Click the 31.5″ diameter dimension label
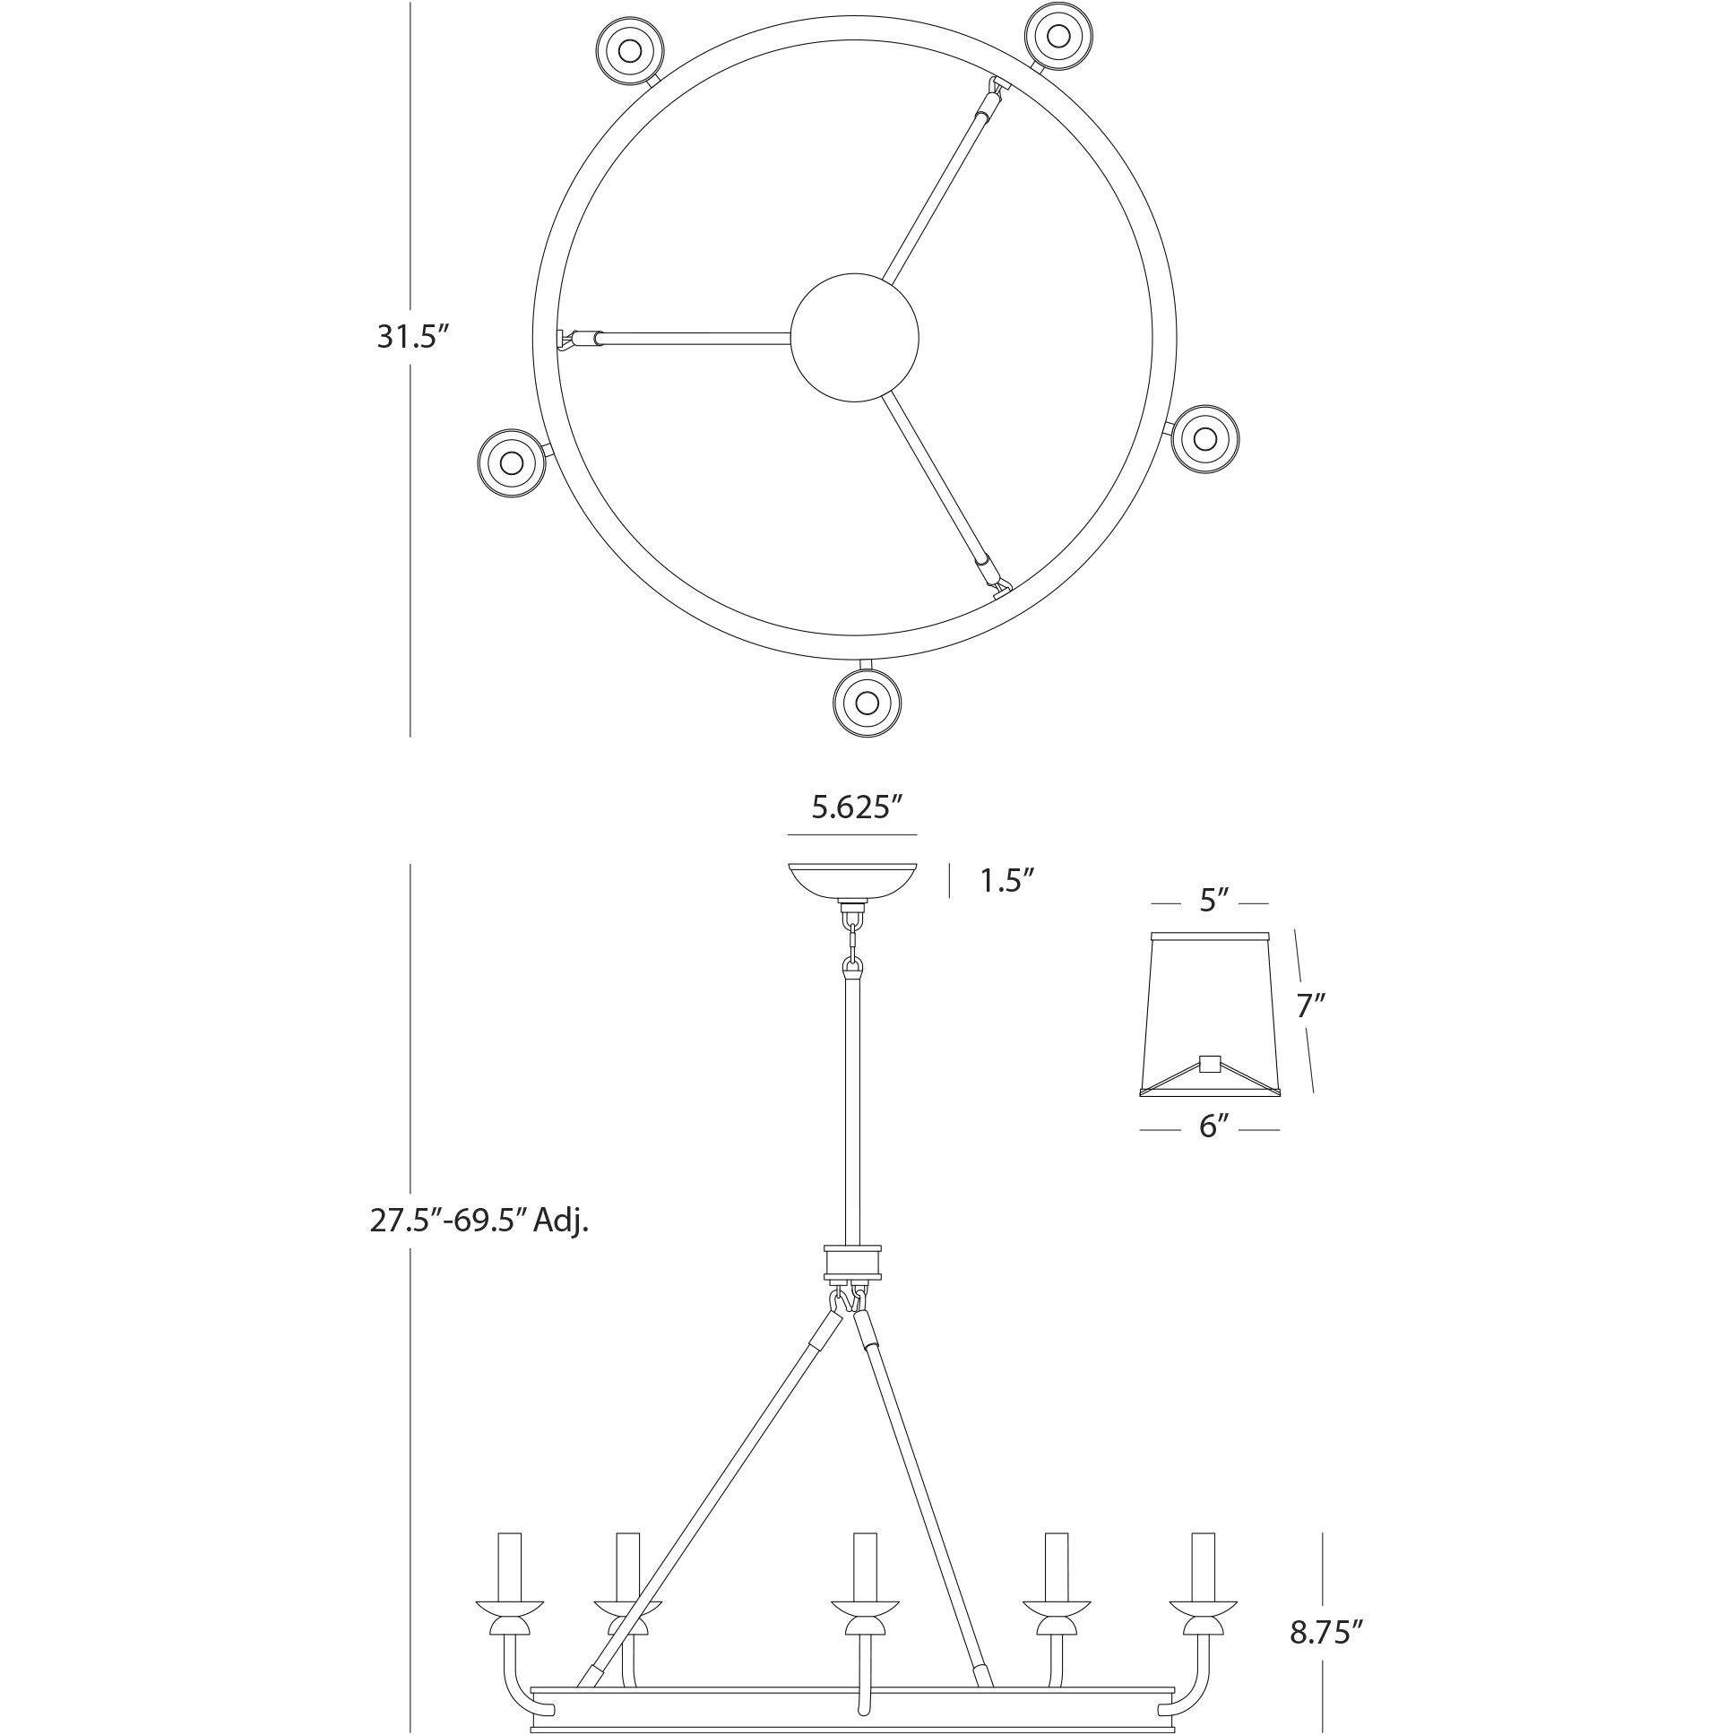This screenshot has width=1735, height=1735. click(412, 337)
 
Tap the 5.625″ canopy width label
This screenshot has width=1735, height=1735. click(856, 807)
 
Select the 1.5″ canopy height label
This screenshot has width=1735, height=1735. click(1001, 881)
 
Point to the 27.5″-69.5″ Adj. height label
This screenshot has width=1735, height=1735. click(479, 1221)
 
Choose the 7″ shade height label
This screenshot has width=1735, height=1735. click(1310, 1005)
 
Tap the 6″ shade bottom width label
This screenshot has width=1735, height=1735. click(1213, 1126)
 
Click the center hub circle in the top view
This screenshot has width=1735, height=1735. click(854, 338)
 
